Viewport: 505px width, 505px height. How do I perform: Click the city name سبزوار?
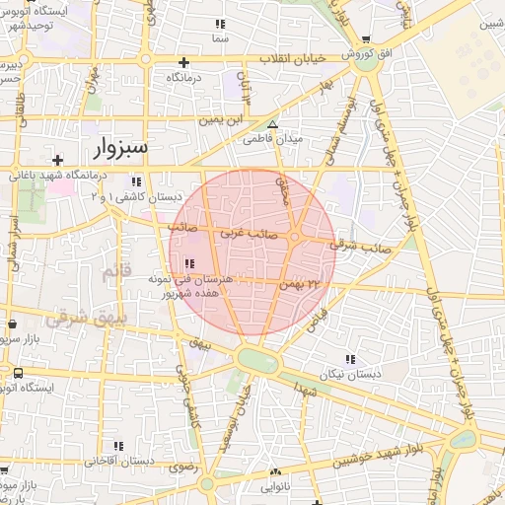tap(109, 149)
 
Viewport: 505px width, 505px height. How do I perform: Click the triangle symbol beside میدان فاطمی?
tap(273, 124)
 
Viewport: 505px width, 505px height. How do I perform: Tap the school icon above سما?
tap(219, 23)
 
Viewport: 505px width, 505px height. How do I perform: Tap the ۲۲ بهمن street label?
tap(302, 284)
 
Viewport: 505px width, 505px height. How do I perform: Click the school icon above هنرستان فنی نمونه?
tap(188, 262)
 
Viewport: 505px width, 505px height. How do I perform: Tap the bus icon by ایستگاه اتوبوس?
tap(18, 373)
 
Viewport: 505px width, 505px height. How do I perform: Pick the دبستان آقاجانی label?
tap(117, 460)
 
